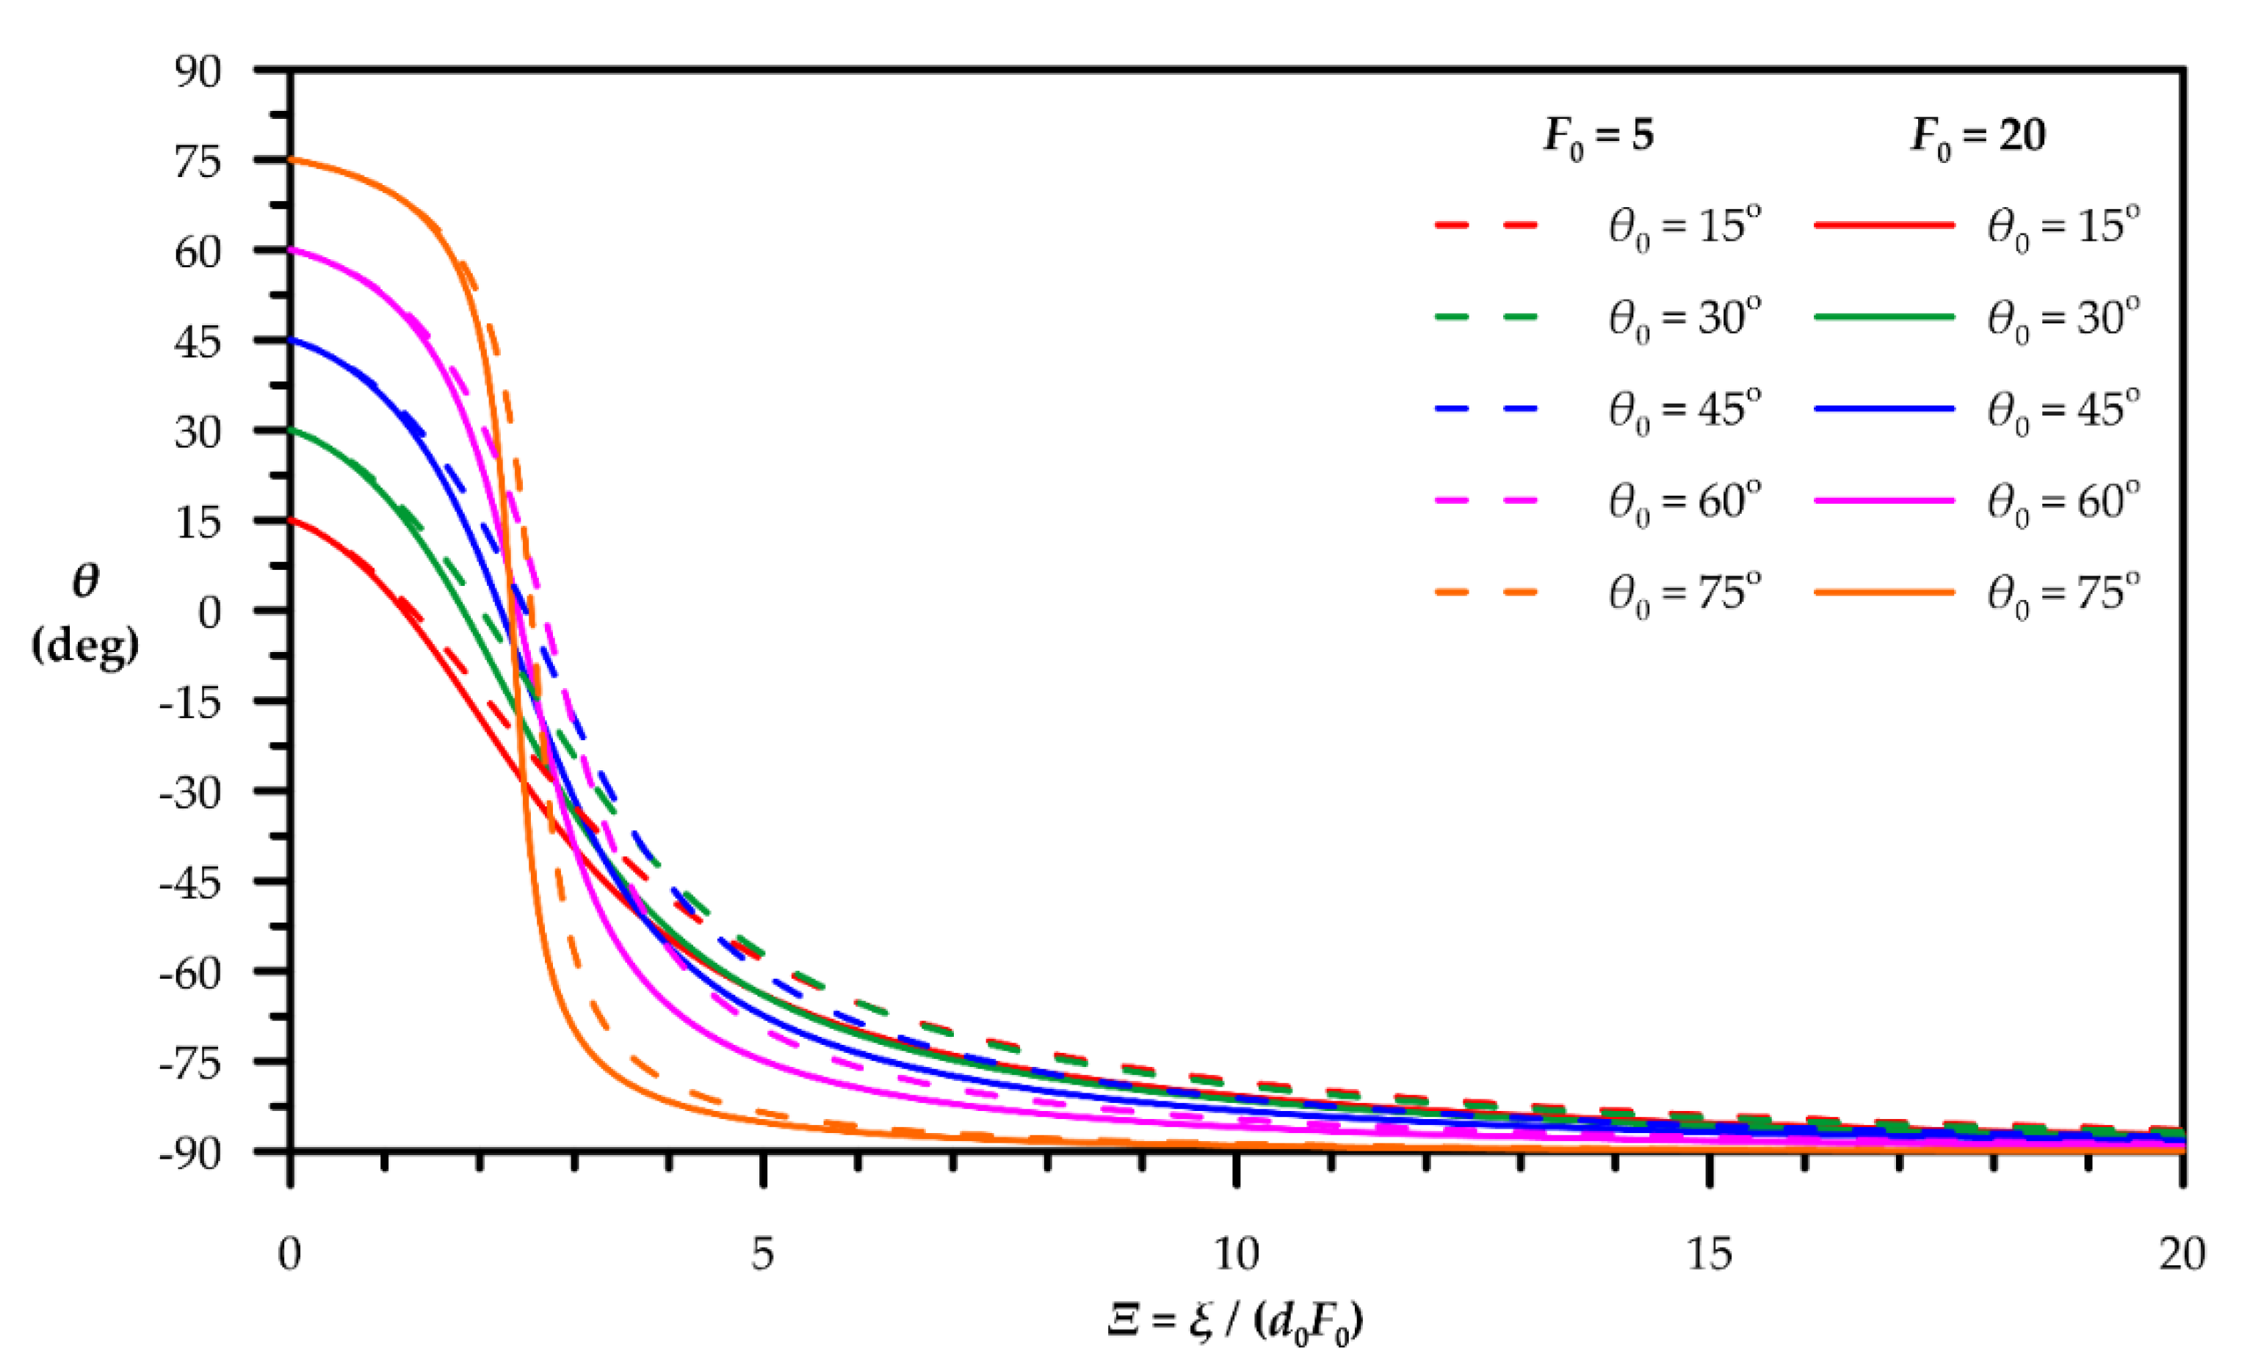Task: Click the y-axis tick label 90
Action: pyautogui.click(x=198, y=71)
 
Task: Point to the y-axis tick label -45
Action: pyautogui.click(x=190, y=883)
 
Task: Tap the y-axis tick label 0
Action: pyautogui.click(x=209, y=612)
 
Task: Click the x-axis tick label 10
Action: pyautogui.click(x=1236, y=1253)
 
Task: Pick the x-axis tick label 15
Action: pyautogui.click(x=1709, y=1253)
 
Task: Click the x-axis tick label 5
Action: pyautogui.click(x=762, y=1253)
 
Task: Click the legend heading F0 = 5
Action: pyautogui.click(x=1599, y=137)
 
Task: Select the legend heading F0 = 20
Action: pyautogui.click(x=1978, y=137)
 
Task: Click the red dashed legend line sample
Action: pyautogui.click(x=1486, y=225)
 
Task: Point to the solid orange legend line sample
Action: pyautogui.click(x=1884, y=592)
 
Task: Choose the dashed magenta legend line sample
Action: pyautogui.click(x=1486, y=500)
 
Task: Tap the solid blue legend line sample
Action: pyautogui.click(x=1884, y=408)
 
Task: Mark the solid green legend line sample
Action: pyautogui.click(x=1884, y=316)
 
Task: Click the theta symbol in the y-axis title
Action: pyautogui.click(x=85, y=581)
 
